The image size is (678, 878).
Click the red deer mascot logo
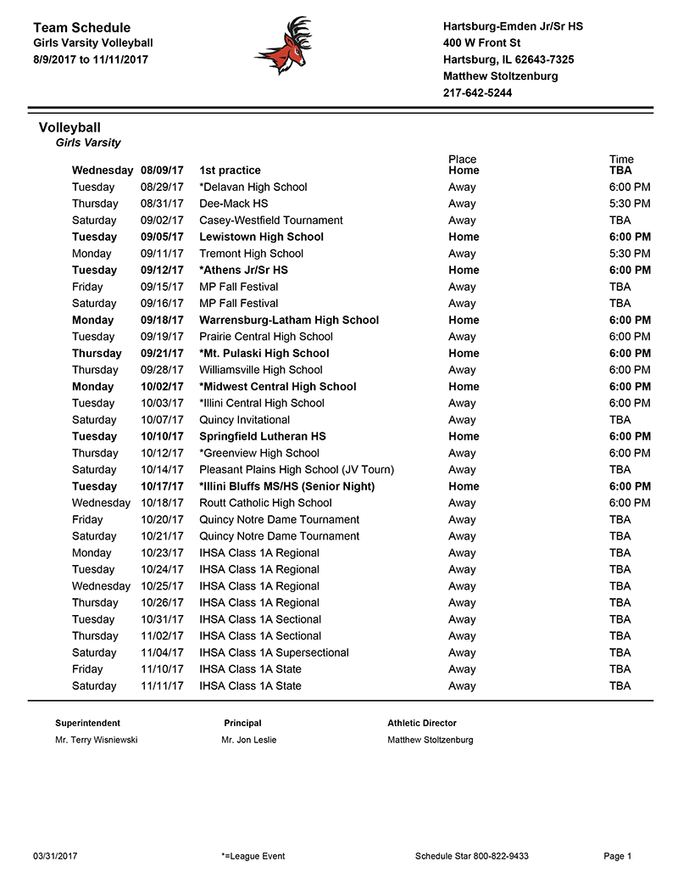[285, 46]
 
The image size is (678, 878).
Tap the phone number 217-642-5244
[477, 92]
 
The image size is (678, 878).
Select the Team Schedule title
[81, 28]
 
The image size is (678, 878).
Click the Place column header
[462, 159]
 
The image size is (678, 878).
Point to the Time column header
[620, 159]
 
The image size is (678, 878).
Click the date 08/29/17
[162, 187]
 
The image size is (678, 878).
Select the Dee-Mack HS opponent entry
[233, 204]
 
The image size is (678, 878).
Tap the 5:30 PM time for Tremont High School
[630, 254]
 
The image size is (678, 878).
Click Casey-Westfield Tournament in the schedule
[270, 221]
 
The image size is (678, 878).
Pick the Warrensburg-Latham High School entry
[289, 320]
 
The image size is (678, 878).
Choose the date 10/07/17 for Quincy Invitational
[162, 420]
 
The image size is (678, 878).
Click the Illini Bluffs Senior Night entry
[286, 486]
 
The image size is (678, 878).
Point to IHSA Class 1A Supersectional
[274, 652]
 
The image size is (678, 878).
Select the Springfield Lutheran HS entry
[262, 436]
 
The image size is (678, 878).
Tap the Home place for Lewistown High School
[464, 237]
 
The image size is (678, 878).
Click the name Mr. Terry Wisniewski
[96, 740]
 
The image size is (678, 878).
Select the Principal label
[242, 723]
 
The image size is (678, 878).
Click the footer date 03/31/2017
[55, 856]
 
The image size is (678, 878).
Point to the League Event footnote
[252, 856]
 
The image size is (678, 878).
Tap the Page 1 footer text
[618, 856]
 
